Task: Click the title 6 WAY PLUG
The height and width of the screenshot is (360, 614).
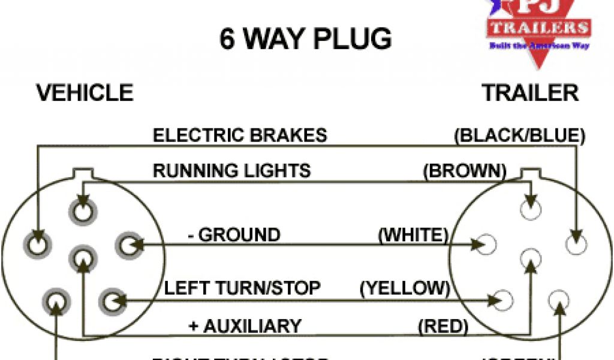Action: pos(305,39)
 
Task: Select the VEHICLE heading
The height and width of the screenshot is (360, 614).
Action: pos(85,93)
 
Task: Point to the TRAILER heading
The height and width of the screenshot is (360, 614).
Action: pos(530,93)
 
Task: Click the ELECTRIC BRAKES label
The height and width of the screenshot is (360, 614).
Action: pos(240,135)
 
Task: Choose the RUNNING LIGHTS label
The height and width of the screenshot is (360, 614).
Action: pos(232,170)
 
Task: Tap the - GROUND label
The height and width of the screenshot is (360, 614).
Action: pos(234,235)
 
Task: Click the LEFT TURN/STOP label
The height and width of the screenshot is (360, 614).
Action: pos(242,288)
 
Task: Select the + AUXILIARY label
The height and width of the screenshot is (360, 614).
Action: pos(245,326)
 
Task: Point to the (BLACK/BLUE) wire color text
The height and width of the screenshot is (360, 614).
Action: pos(519,135)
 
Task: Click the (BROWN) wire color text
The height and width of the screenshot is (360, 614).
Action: pos(464,171)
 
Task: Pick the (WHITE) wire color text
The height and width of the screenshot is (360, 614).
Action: pos(413,235)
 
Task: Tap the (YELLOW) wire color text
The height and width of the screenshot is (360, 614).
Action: pos(405,288)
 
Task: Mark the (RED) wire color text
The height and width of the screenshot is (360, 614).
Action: pos(443,326)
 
